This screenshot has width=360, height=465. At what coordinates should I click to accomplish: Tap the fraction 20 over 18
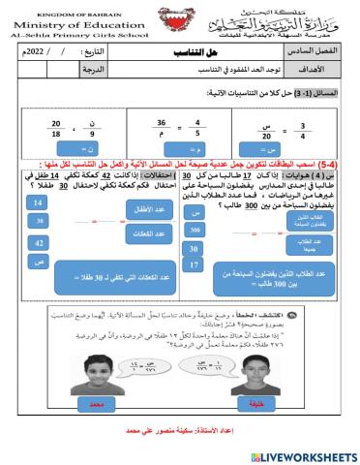30,128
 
